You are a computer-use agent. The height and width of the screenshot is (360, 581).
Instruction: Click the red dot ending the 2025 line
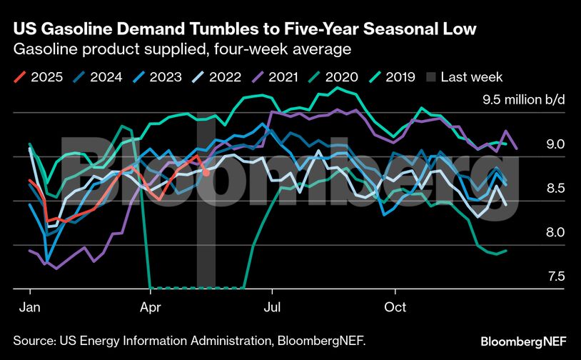pyautogui.click(x=206, y=172)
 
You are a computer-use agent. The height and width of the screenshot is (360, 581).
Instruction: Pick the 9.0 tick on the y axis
pyautogui.click(x=555, y=144)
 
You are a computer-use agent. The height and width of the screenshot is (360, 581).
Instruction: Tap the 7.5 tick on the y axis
pyautogui.click(x=555, y=276)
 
